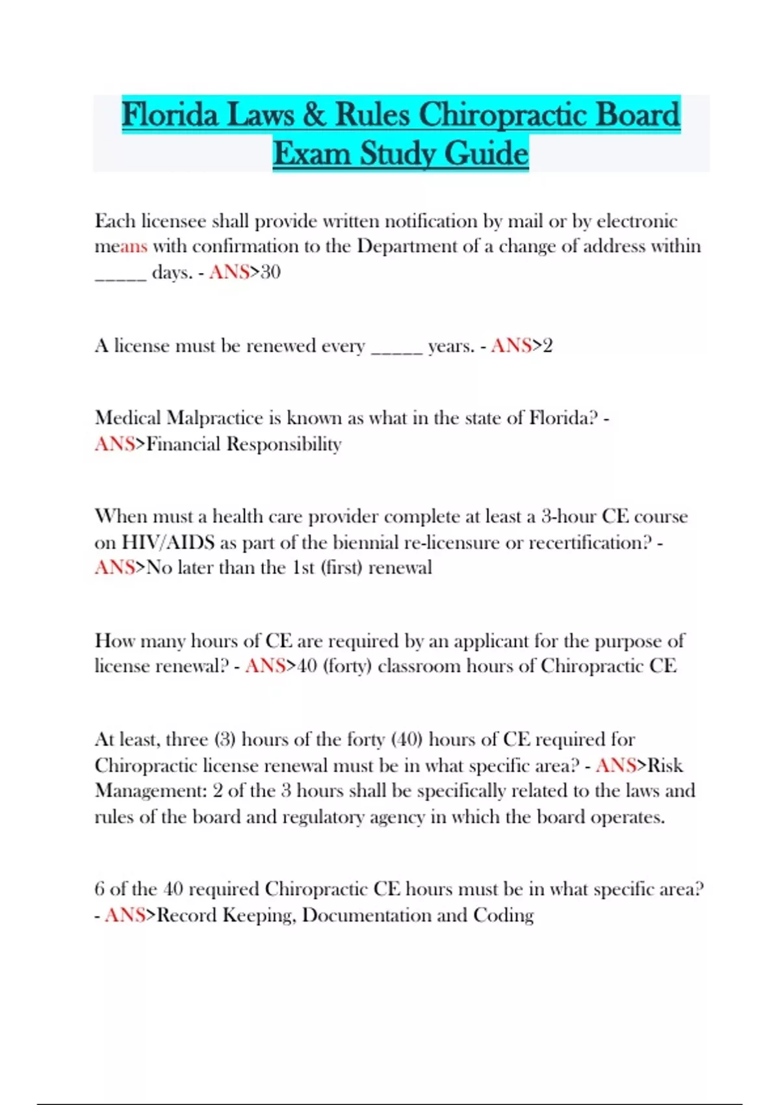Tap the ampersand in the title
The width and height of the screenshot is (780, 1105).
point(315,115)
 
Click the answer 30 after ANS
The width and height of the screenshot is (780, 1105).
point(270,272)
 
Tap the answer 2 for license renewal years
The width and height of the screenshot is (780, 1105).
point(547,346)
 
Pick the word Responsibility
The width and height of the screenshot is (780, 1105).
point(283,445)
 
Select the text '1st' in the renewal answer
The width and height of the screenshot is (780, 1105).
point(303,568)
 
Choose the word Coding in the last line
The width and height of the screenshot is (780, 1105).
point(503,915)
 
